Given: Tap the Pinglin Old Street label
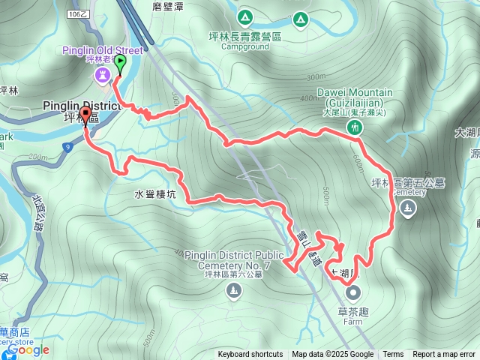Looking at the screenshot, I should (x=97, y=51).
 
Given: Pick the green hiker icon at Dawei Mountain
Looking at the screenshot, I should (x=354, y=127).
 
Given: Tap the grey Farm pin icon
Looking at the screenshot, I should (x=352, y=294).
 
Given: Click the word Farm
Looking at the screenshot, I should (x=352, y=322).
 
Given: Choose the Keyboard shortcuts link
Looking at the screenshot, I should (x=250, y=355).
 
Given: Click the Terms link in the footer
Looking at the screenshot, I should (x=393, y=355).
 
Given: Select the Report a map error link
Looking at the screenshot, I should (x=443, y=355).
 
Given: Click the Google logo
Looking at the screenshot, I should (x=28, y=349).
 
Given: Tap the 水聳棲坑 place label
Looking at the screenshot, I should (x=155, y=193).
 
